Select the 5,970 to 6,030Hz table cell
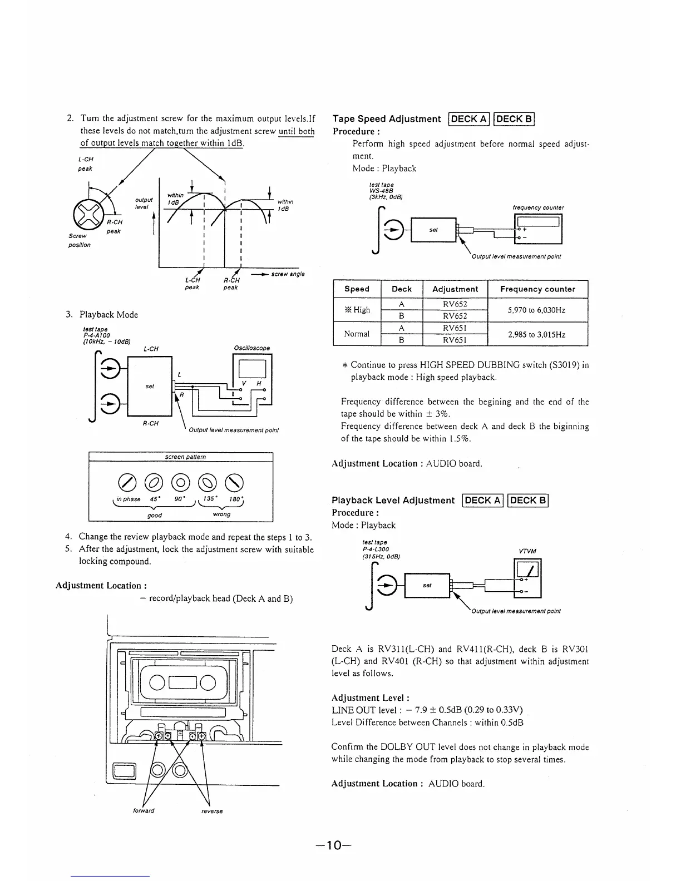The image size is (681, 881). tap(537, 310)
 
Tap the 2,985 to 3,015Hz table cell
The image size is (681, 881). tap(537, 334)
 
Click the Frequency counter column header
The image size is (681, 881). tap(537, 289)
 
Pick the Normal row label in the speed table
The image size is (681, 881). tap(357, 334)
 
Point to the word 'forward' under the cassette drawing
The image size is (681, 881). tap(144, 810)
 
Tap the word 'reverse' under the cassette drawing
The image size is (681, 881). tap(212, 811)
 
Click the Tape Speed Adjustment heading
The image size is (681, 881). tap(386, 118)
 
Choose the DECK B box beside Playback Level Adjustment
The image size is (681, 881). tap(529, 500)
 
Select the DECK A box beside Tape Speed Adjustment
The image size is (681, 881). tap(469, 118)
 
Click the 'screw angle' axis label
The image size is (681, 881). tap(288, 274)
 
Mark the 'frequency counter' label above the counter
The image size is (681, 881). tap(538, 207)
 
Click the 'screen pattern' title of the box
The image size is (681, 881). tap(185, 457)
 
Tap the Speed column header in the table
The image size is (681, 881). tap(357, 289)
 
